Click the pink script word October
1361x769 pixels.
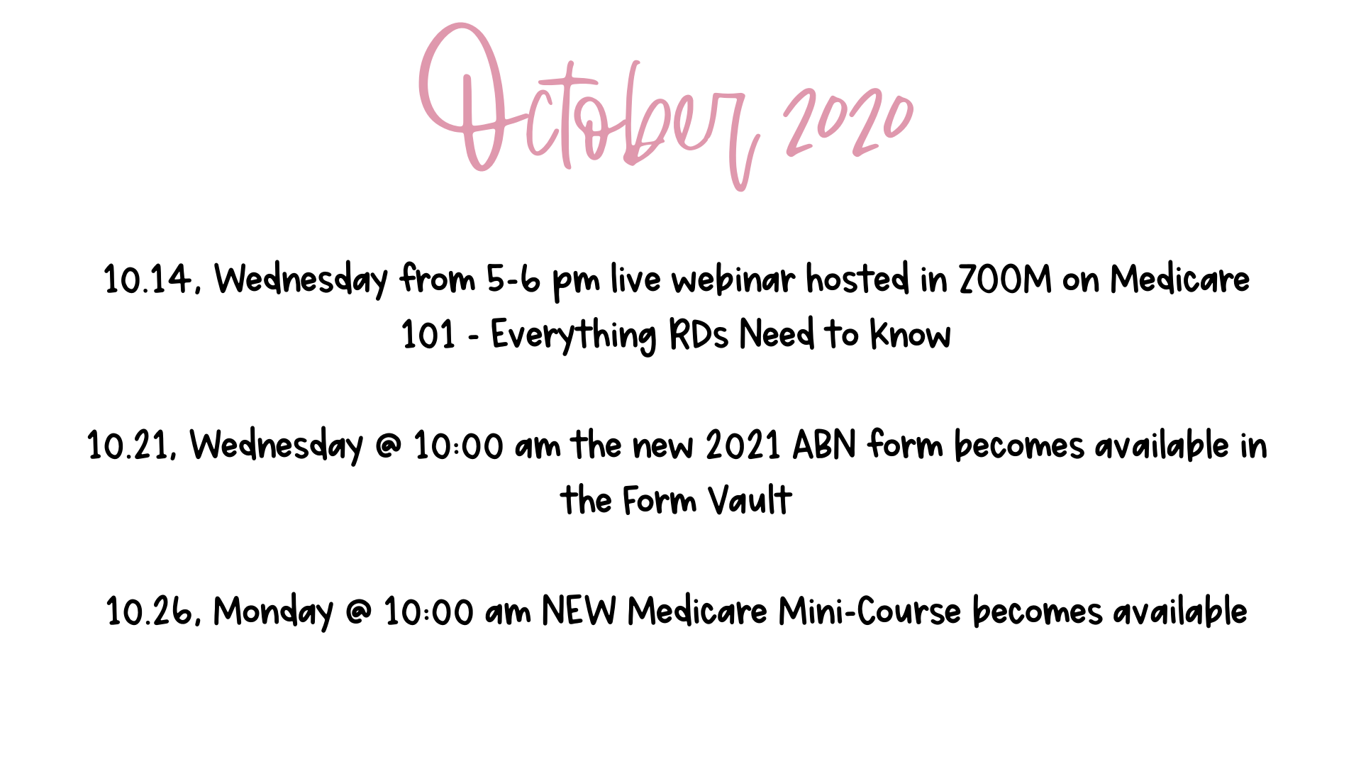pyautogui.click(x=589, y=106)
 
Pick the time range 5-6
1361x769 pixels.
pyautogui.click(x=513, y=280)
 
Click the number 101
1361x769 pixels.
pyautogui.click(x=428, y=335)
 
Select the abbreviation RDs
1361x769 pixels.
pyautogui.click(x=699, y=335)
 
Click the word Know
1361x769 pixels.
pyautogui.click(x=911, y=335)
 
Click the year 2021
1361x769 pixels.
pyautogui.click(x=743, y=446)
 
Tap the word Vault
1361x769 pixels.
pyautogui.click(x=750, y=501)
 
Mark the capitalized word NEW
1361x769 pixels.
pyautogui.click(x=579, y=612)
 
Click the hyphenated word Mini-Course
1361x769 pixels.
pyautogui.click(x=870, y=612)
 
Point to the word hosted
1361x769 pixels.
pyautogui.click(x=858, y=280)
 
